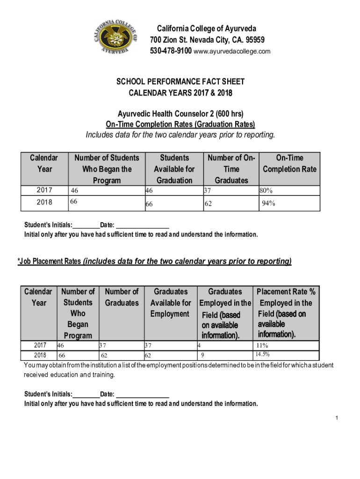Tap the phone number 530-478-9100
coord(171,51)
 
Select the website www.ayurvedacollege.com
coord(232,51)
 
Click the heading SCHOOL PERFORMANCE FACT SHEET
coord(180,82)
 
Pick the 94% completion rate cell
coord(268,203)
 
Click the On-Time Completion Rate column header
coord(289,164)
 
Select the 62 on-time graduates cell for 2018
coord(208,204)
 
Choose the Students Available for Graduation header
coord(174,169)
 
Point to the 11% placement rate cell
coord(262,346)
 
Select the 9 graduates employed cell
coord(202,355)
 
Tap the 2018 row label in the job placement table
coord(39,355)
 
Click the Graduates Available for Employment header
coord(171,303)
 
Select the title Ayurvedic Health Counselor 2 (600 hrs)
coord(180,114)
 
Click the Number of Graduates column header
coord(122,298)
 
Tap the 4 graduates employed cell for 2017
coord(199,346)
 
